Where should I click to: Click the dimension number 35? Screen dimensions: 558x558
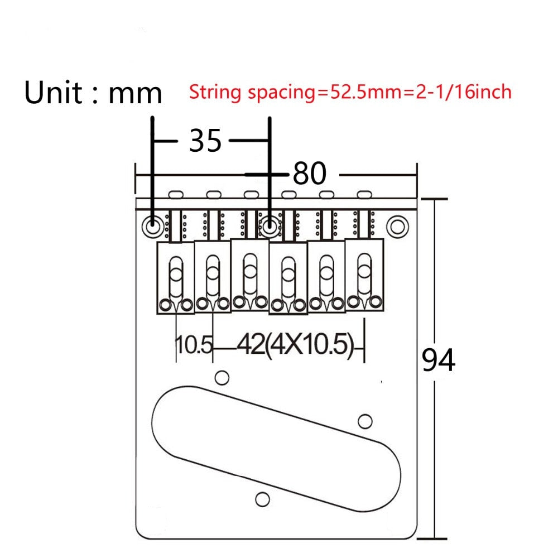pyautogui.click(x=205, y=141)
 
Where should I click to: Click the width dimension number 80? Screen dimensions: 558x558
pyautogui.click(x=309, y=174)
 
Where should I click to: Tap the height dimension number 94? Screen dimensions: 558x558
pyautogui.click(x=438, y=360)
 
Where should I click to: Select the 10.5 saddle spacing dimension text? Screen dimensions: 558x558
pyautogui.click(x=194, y=344)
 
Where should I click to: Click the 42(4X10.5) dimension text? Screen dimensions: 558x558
pyautogui.click(x=295, y=344)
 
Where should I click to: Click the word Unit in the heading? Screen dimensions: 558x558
pyautogui.click(x=54, y=92)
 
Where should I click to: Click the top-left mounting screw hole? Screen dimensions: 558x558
pyautogui.click(x=153, y=225)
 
